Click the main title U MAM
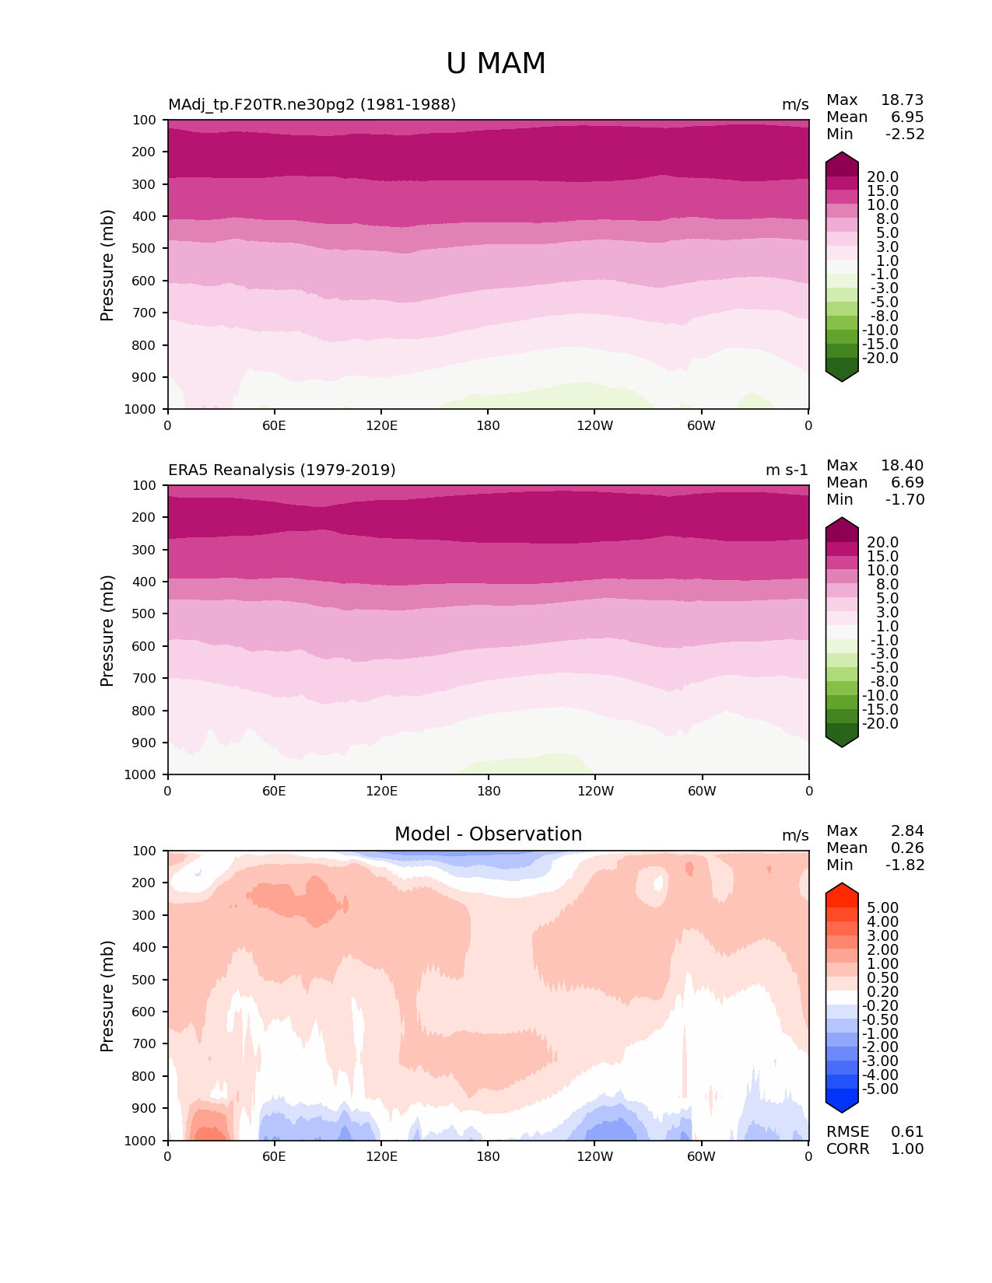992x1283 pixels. coord(496,64)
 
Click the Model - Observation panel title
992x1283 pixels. coord(488,834)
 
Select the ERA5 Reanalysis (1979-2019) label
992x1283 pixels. coord(282,470)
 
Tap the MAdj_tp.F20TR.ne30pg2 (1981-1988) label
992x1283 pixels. coord(312,105)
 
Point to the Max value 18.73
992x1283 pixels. coord(902,100)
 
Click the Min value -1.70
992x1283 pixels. coord(905,500)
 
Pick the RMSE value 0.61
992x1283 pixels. coord(907,1132)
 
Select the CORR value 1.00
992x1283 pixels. coord(907,1149)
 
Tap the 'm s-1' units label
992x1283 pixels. coord(787,470)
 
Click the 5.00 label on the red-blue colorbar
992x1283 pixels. coord(882,908)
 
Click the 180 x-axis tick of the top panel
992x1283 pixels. coord(488,426)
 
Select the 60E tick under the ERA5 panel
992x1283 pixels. coord(274,792)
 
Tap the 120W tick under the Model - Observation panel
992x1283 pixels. coord(594,1157)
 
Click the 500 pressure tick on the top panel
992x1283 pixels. coord(145,249)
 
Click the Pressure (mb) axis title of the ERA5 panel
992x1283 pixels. coord(107,631)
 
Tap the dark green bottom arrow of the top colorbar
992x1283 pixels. coord(842,374)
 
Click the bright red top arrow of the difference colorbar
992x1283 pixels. coord(842,890)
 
